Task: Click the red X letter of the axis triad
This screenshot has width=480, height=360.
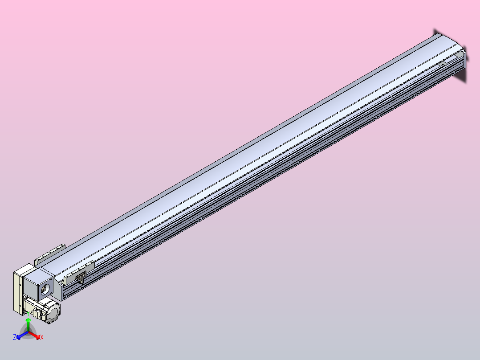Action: click(x=42, y=337)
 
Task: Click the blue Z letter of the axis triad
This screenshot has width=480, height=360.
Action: click(x=15, y=337)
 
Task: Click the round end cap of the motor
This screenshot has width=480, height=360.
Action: click(x=52, y=312)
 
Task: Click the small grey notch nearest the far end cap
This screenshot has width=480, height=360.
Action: click(x=442, y=65)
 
